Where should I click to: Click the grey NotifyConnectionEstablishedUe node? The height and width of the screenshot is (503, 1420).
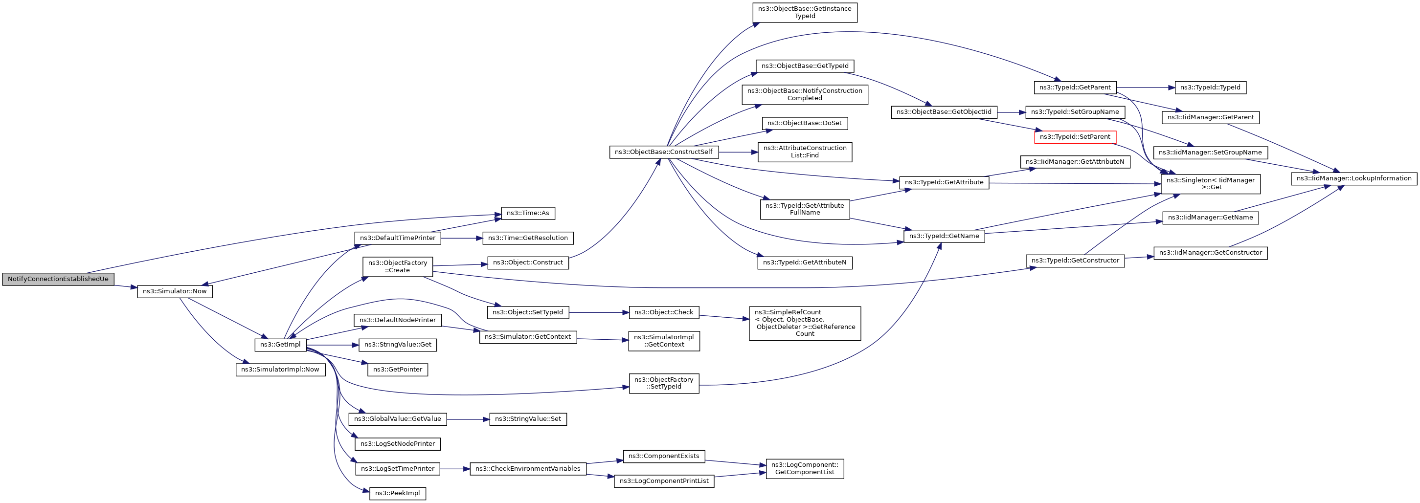tap(58, 279)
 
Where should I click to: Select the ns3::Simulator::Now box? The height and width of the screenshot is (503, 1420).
tap(175, 291)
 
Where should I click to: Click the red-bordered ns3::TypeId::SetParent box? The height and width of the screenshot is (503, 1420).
tap(1075, 137)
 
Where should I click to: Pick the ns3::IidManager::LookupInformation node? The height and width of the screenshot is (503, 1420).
tap(1354, 178)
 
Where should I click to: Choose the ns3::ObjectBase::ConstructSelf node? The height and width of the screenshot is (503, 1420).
tap(664, 152)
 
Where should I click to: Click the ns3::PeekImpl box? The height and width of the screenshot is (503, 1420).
tap(398, 494)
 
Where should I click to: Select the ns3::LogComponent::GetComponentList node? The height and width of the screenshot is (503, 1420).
tap(805, 469)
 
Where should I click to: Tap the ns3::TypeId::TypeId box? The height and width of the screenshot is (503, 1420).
tap(1211, 87)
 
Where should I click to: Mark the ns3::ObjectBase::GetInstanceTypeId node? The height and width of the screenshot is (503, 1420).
tap(805, 13)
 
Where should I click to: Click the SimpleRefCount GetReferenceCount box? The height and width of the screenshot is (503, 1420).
tap(805, 324)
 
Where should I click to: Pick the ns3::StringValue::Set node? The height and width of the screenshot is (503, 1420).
tap(528, 419)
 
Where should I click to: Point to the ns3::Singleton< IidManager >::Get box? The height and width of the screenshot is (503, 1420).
tap(1211, 184)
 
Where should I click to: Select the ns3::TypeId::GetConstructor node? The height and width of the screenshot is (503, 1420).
tap(1075, 261)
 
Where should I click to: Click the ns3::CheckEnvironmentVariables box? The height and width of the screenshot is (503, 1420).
tap(528, 469)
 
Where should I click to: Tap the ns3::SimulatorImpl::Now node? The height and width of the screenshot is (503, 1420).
tap(281, 370)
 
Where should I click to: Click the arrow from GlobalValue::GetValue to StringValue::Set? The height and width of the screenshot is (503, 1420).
tap(468, 419)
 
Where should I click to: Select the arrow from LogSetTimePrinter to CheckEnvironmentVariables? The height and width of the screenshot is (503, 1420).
tap(455, 469)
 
